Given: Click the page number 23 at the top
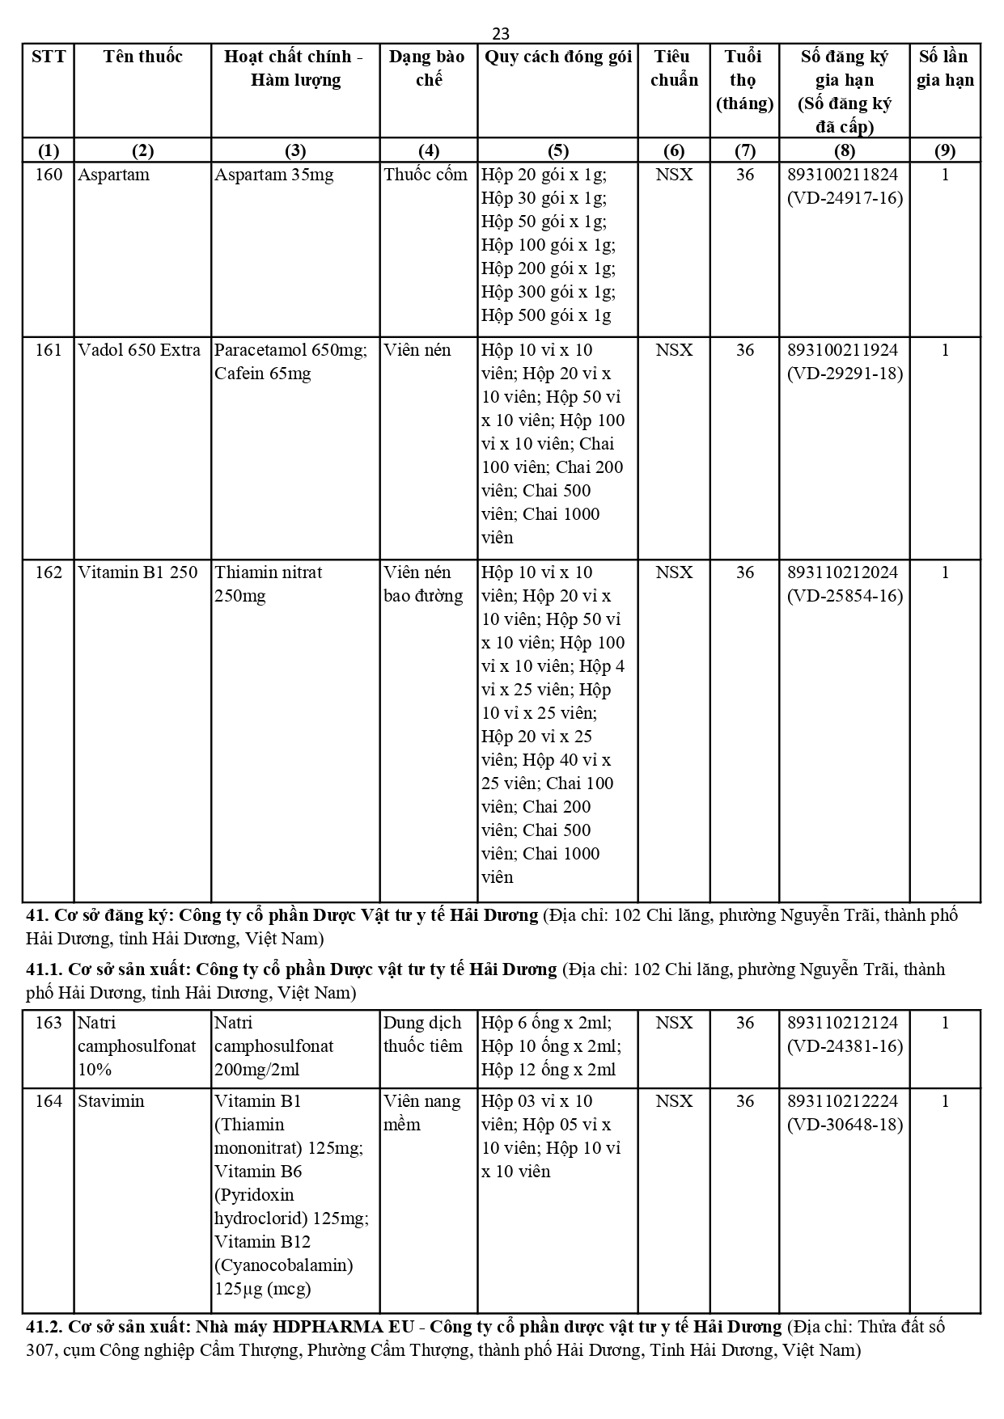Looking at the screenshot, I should pos(501,34).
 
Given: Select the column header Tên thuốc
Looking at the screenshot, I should pos(142,57).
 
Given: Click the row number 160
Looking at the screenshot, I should pos(49,175).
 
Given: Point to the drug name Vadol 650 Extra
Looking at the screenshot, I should pos(139,350).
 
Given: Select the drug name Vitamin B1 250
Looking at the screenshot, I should pos(138,572).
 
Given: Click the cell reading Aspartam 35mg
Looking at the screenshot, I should pos(273,175).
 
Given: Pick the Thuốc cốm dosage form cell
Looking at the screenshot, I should pos(426,175).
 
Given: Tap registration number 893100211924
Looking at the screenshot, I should pos(842,350).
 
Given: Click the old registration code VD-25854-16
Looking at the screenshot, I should pos(845,596).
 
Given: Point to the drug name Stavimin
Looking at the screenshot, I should pos(111,1101).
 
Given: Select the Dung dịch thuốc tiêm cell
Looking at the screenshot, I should pos(422,1034).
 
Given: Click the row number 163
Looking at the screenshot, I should pos(49,1023).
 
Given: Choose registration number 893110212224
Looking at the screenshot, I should pos(842,1101).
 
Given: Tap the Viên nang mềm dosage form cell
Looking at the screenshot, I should pos(422,1113).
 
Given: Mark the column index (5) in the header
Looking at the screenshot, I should pos(557,150).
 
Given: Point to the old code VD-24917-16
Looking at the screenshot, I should pos(845,198).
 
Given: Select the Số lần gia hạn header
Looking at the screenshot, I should pos(944,68).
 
